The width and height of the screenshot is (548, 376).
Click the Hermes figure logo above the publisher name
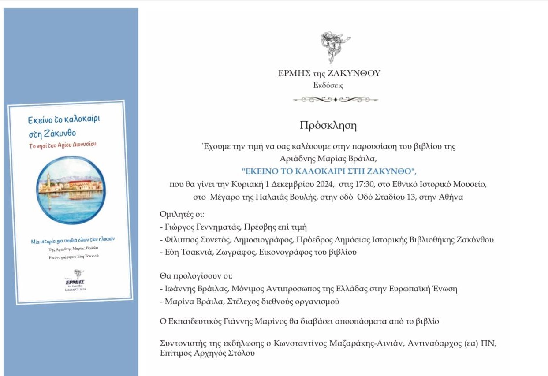(x=336, y=47)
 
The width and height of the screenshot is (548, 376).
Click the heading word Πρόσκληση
(x=328, y=126)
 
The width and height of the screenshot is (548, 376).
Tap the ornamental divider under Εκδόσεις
(x=335, y=100)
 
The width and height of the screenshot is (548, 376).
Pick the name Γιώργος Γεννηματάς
(x=198, y=227)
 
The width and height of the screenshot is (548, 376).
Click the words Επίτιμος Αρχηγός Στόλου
(x=207, y=353)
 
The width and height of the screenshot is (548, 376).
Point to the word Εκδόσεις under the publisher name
(x=328, y=86)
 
